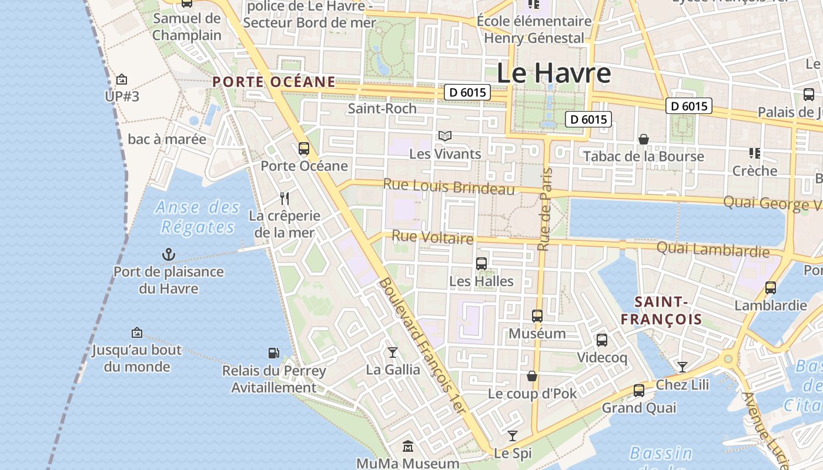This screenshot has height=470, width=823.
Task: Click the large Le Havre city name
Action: coord(553,73)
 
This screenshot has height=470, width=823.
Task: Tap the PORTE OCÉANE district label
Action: coord(274,82)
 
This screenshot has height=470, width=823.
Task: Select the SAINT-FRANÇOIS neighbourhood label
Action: coord(661,311)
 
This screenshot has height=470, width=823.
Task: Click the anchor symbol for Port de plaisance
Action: coord(169,254)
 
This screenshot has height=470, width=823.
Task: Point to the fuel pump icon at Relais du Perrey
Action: coord(273,353)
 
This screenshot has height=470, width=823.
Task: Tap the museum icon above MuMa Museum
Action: coord(408,446)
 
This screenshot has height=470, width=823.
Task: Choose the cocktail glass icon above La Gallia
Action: coord(393,352)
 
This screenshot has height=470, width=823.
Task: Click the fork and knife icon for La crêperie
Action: coord(285,198)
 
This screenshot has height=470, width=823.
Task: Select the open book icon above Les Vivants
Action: coord(445,136)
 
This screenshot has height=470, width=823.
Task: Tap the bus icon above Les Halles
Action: coord(481,264)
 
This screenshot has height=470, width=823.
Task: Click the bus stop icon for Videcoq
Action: coord(602,340)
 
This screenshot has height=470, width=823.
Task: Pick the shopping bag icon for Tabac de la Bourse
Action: coord(644,139)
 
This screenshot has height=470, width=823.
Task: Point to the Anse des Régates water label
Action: coord(198,217)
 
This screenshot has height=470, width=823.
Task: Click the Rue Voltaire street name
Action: coord(432,237)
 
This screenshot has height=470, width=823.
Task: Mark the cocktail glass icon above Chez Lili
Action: coord(682,367)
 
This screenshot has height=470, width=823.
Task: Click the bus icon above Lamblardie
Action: coord(771,288)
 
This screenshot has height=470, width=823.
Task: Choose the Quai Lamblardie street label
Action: coord(712,250)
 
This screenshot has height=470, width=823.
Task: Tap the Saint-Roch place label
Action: coord(382,109)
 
